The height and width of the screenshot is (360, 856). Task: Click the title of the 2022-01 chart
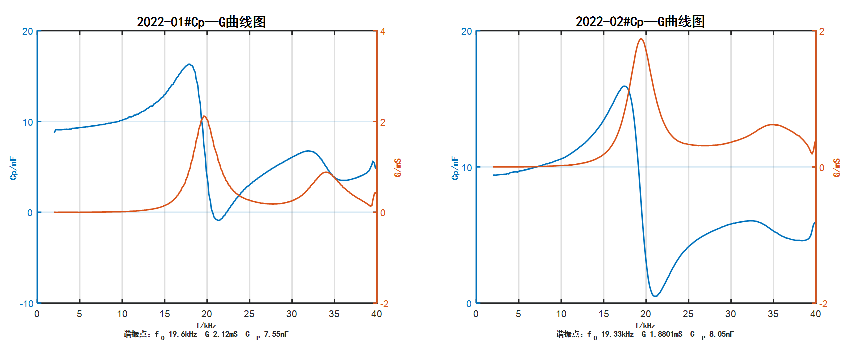[x=201, y=22]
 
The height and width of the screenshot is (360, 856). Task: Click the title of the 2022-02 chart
[x=640, y=21]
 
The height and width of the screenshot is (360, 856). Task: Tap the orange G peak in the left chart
[x=205, y=117]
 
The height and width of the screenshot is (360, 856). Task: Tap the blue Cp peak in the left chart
[x=189, y=64]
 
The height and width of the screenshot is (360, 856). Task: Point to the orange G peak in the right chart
[x=641, y=39]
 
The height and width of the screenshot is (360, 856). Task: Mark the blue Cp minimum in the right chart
[x=655, y=296]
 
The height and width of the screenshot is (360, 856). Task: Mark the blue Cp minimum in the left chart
[x=219, y=220]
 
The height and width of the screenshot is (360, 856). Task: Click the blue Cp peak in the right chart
[x=624, y=86]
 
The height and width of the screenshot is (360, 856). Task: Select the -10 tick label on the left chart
[x=27, y=304]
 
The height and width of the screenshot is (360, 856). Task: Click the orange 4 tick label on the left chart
[x=383, y=31]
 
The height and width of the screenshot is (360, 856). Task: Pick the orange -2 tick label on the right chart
[x=822, y=304]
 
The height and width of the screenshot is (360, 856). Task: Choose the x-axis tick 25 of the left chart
[x=249, y=314]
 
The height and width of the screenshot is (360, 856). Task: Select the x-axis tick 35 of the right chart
[x=773, y=314]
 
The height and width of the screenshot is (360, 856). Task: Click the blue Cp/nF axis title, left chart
[x=13, y=168]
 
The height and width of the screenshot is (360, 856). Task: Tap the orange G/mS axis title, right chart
[x=836, y=168]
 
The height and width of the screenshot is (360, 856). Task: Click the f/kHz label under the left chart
[x=206, y=325]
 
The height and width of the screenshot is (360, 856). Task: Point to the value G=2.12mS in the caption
[x=221, y=334]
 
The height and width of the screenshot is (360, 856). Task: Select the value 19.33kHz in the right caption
[x=616, y=334]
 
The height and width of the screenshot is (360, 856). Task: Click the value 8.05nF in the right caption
[x=721, y=334]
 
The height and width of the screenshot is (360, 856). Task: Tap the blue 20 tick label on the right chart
[x=466, y=31]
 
